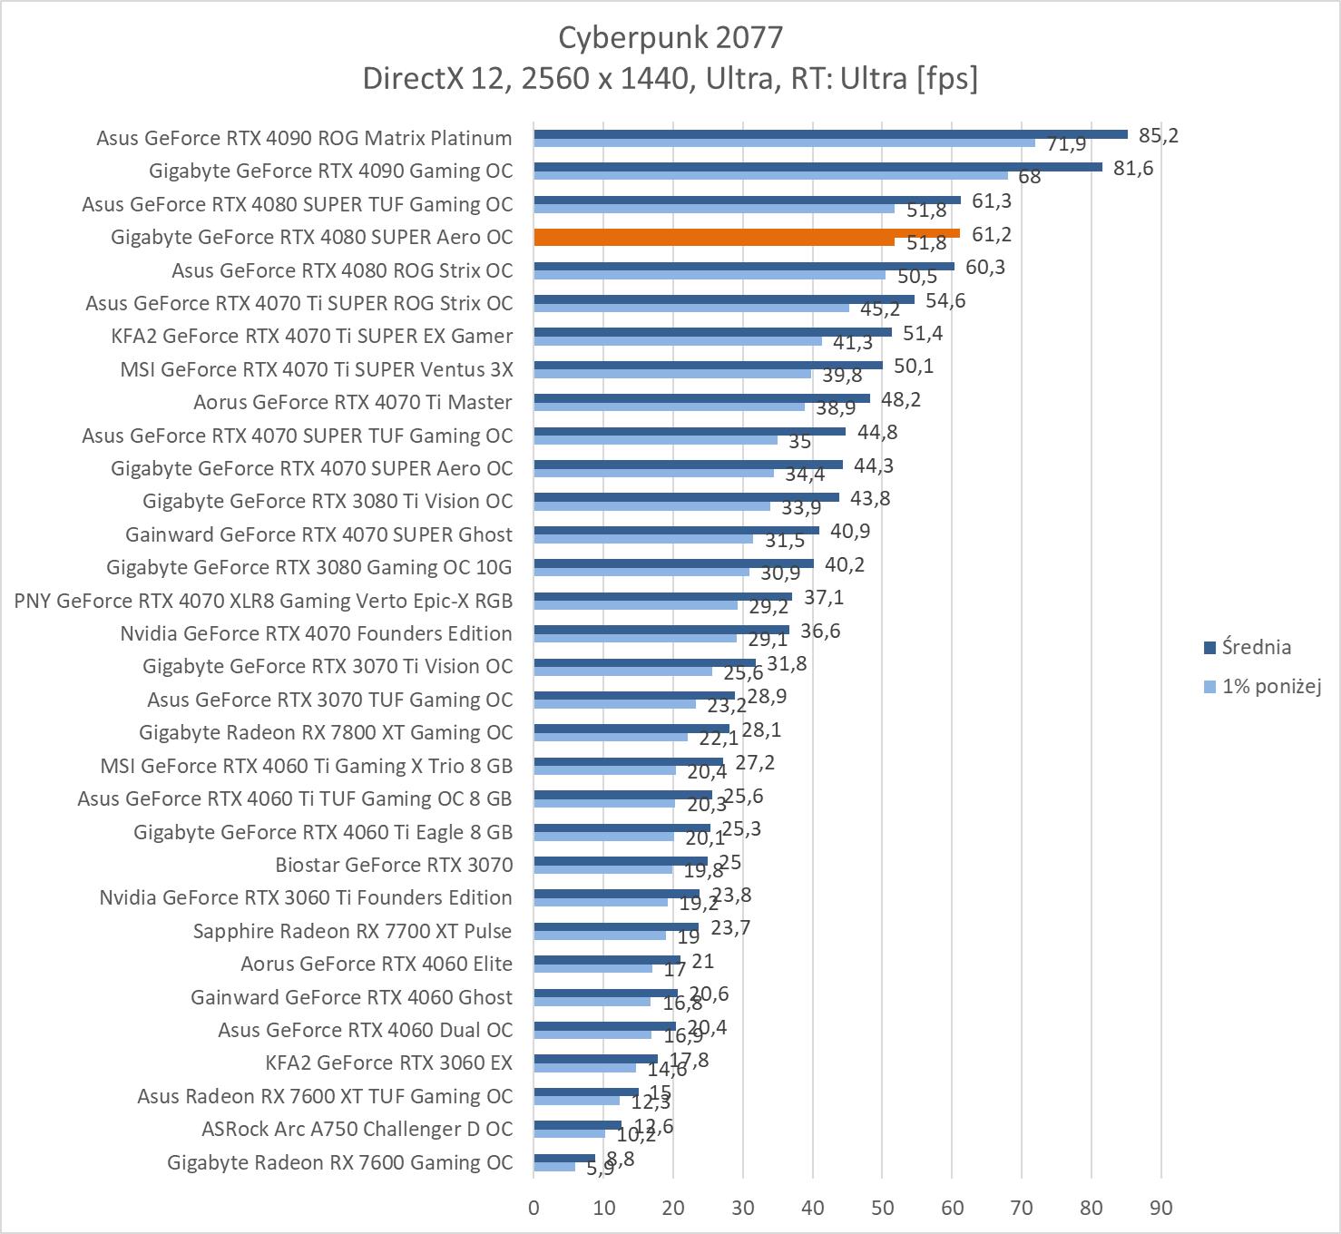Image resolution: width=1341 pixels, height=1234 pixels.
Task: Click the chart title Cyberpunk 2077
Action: click(x=670, y=37)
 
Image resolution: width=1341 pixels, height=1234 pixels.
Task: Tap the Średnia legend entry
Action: click(x=1256, y=647)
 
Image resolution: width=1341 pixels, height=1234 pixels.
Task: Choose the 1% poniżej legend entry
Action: click(x=1270, y=686)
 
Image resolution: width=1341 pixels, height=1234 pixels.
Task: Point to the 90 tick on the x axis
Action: click(x=1160, y=1208)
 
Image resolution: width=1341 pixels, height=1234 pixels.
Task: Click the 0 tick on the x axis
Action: click(x=533, y=1208)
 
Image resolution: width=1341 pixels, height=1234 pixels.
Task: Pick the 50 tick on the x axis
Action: click(x=882, y=1208)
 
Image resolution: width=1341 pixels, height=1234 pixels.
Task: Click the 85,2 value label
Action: click(x=1159, y=135)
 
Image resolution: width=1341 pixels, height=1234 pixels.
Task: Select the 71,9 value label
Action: click(x=1067, y=143)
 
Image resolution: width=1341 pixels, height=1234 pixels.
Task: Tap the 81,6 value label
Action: click(x=1133, y=168)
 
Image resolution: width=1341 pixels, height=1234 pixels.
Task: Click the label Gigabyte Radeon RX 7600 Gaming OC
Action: click(x=339, y=1162)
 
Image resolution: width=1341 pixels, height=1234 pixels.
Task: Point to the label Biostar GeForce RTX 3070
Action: click(x=394, y=865)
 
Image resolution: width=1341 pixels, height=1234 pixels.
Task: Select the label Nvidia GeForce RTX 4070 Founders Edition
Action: click(x=316, y=633)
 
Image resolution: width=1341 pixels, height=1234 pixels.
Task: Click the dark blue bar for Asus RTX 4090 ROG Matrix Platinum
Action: click(x=830, y=134)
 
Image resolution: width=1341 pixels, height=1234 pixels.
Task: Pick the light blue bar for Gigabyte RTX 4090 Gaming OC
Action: click(x=770, y=175)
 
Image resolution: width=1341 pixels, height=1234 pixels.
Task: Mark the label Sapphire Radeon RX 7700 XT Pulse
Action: click(x=352, y=931)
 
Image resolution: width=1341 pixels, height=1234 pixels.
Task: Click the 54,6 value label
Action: click(x=945, y=300)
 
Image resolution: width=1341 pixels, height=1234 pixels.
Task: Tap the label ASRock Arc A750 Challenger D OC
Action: click(x=357, y=1129)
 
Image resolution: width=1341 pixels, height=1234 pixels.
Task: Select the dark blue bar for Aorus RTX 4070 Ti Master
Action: click(x=701, y=398)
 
